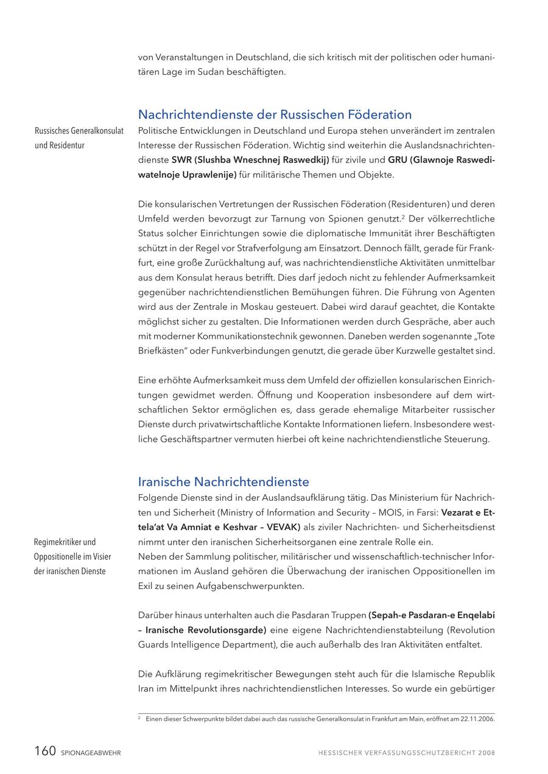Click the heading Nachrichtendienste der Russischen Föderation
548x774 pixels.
point(275,114)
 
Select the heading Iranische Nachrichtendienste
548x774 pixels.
point(223,482)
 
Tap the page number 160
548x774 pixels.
point(45,751)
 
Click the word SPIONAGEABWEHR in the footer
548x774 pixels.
point(91,753)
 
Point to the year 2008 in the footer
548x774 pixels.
point(487,753)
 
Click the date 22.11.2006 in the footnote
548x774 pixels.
point(478,719)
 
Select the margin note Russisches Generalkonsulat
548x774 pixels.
point(79,131)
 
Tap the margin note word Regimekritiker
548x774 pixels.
point(57,542)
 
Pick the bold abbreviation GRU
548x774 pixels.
point(398,160)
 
